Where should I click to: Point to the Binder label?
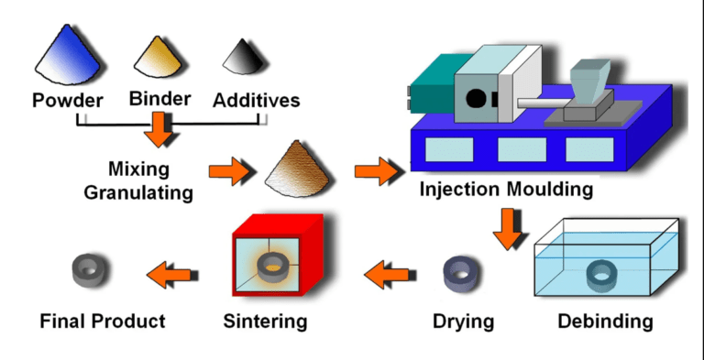pos(161,98)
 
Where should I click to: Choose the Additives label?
pos(256,100)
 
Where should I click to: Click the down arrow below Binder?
pos(161,128)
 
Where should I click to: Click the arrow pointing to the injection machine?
pos(373,169)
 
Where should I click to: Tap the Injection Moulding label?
pos(506,191)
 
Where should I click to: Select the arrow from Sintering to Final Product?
pos(170,271)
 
